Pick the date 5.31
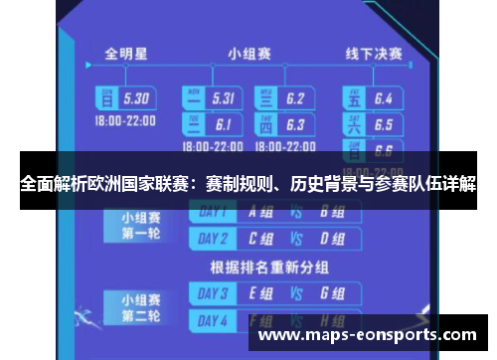[222, 98]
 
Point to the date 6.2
[294, 98]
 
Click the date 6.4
[384, 98]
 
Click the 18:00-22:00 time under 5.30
[124, 118]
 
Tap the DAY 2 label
[214, 239]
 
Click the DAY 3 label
[214, 293]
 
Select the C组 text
[261, 239]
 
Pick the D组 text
[332, 239]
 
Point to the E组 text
[261, 293]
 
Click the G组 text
[332, 293]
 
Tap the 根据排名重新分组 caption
[269, 267]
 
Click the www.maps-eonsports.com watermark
[369, 335]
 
